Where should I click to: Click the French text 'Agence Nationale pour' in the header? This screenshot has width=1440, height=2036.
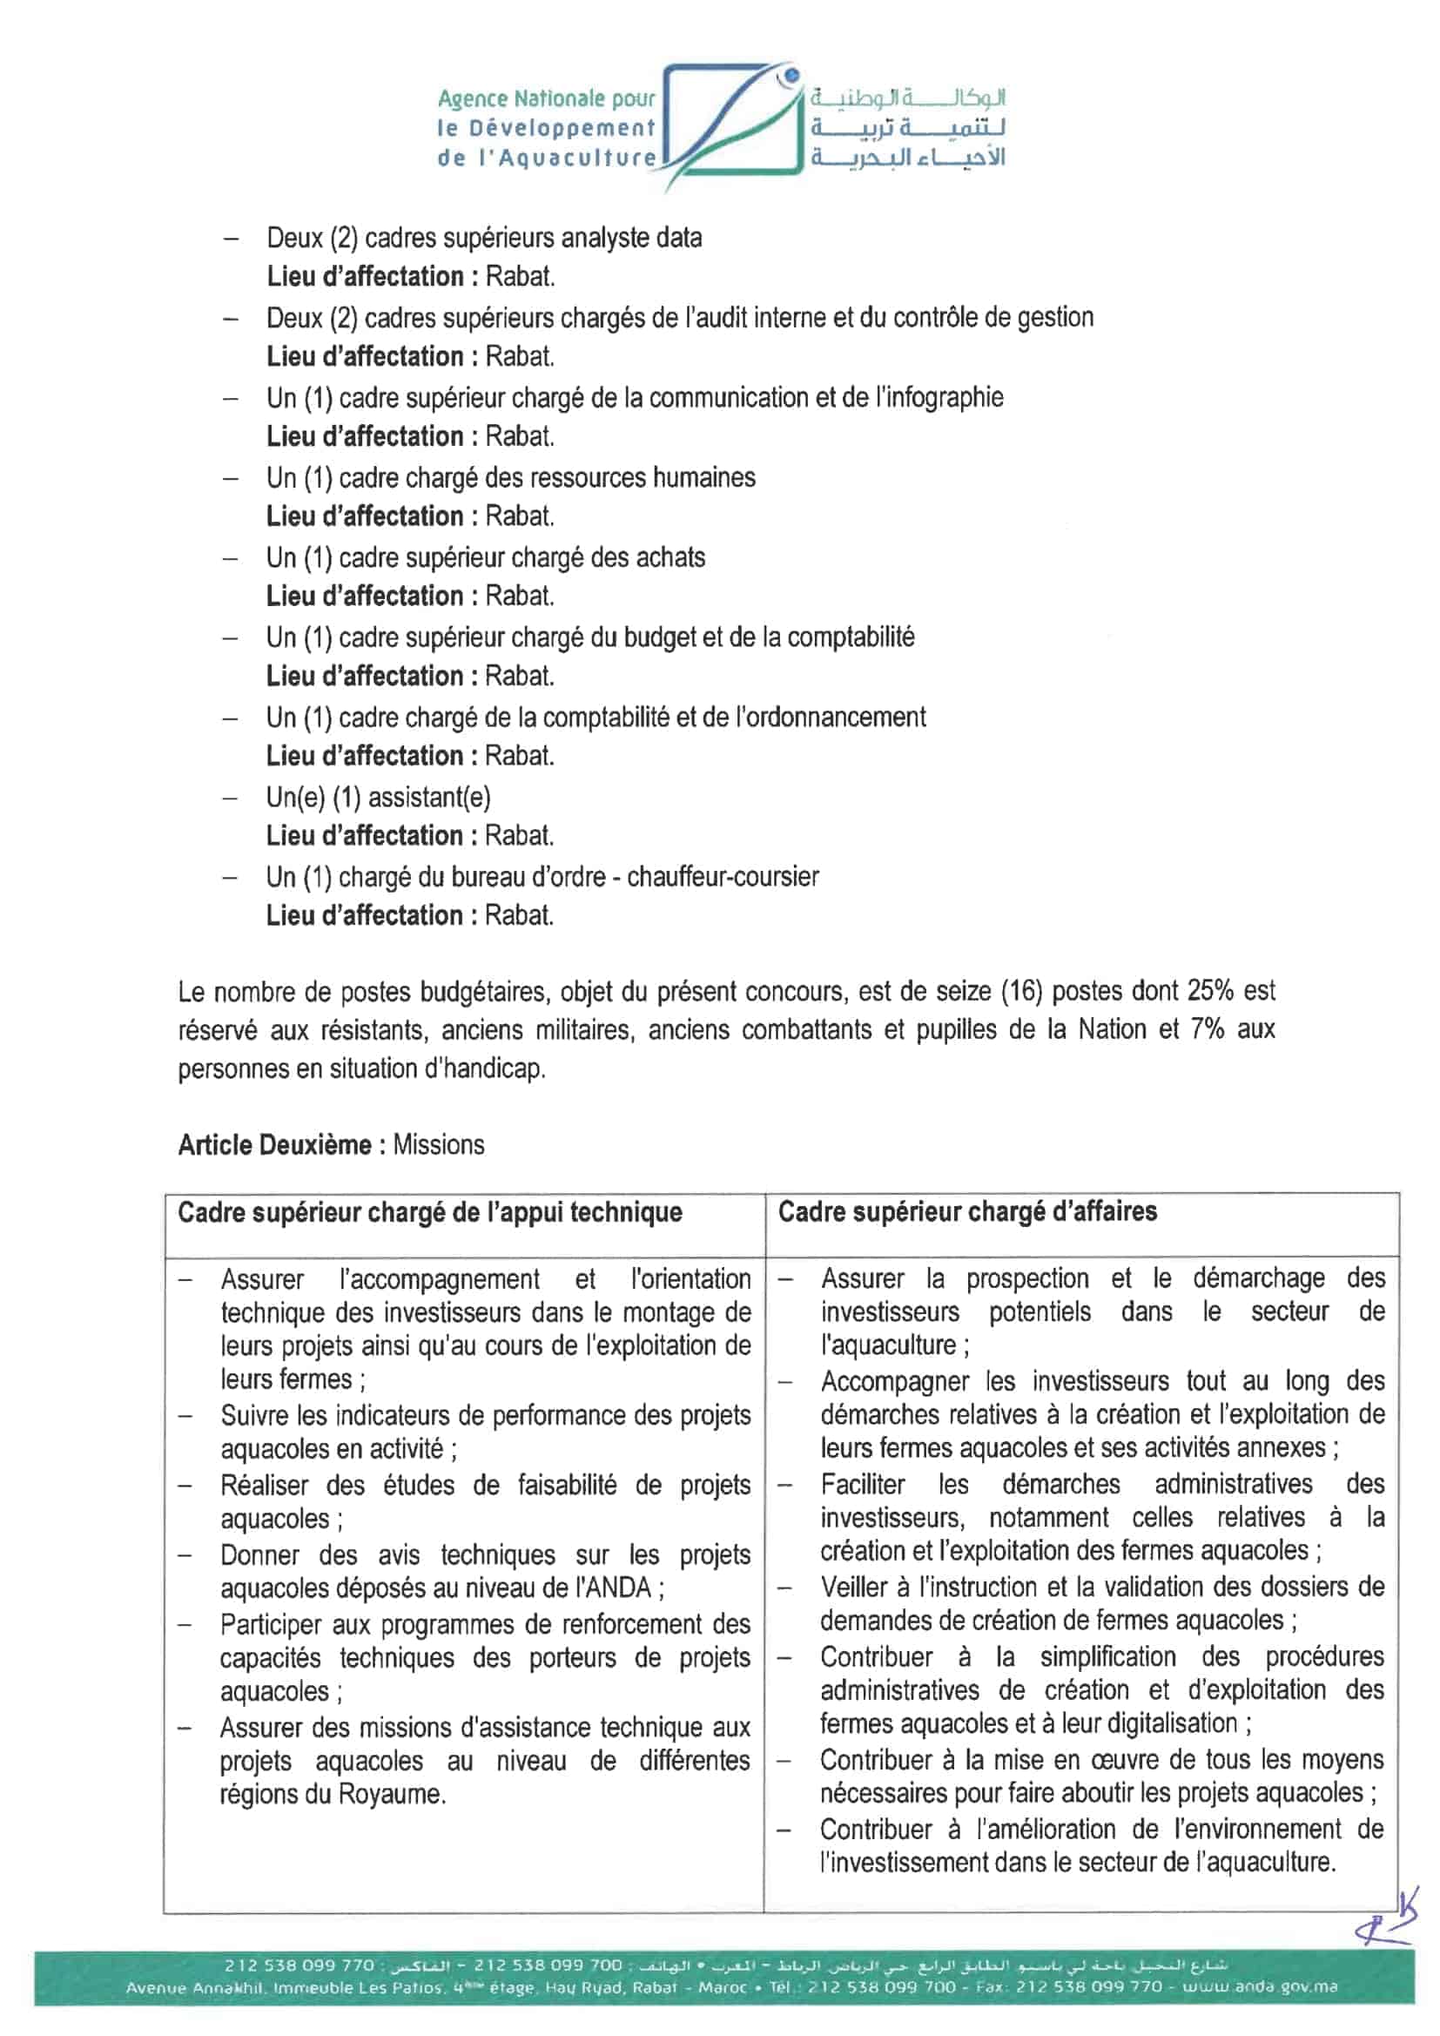tap(546, 98)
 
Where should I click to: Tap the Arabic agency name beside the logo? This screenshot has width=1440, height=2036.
tap(906, 127)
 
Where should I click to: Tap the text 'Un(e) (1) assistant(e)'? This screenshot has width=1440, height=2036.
tap(378, 797)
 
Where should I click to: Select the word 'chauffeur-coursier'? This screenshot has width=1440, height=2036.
tap(723, 876)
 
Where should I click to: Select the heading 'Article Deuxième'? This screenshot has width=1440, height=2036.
tap(274, 1145)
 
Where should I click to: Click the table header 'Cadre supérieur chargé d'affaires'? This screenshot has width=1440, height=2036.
tap(967, 1211)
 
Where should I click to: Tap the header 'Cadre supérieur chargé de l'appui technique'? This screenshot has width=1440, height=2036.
tap(430, 1212)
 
